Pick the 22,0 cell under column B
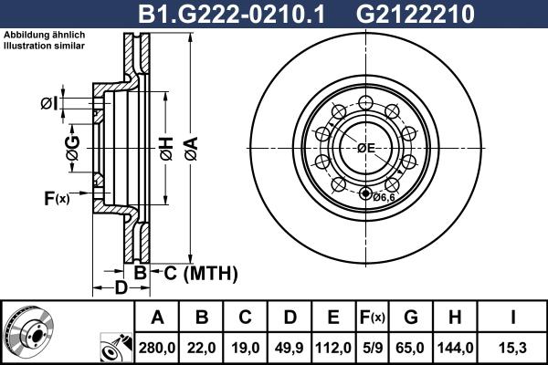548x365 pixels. tap(202, 348)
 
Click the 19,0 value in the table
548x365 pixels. tap(246, 348)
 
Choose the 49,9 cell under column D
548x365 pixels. tap(290, 348)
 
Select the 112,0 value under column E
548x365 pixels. tap(333, 348)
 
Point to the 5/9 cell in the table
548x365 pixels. tap(372, 348)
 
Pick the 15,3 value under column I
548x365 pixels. tap(512, 348)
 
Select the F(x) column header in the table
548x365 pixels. tap(372, 318)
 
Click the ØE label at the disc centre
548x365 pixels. tap(366, 148)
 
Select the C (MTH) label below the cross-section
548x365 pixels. tap(200, 273)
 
